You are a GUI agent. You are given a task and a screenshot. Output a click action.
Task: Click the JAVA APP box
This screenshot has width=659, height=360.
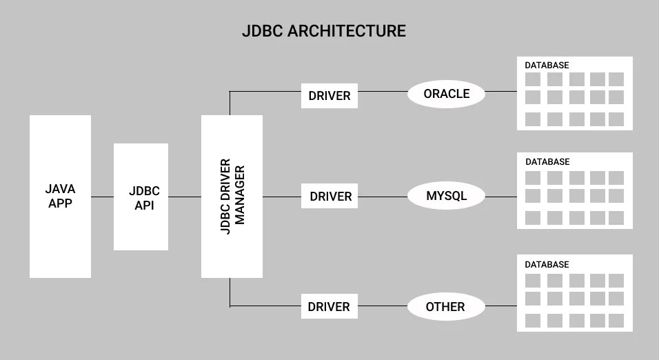pos(60,197)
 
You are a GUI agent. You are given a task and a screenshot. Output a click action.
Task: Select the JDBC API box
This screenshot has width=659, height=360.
pos(141,197)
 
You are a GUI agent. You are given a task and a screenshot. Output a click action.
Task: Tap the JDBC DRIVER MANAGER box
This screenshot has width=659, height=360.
pos(232,197)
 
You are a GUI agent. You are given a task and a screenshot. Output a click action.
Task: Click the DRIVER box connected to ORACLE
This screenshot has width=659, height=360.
pos(329,95)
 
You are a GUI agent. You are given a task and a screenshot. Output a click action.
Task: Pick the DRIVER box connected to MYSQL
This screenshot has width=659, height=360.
pos(330,197)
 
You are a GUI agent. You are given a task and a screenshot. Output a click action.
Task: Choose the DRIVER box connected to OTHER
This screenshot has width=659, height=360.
pos(329,306)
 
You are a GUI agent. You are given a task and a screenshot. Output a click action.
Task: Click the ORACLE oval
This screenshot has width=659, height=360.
pos(446,94)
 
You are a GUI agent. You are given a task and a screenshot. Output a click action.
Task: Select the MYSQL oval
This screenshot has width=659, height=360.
pos(446,196)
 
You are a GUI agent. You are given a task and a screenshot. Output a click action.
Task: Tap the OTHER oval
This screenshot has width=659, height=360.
pos(445,306)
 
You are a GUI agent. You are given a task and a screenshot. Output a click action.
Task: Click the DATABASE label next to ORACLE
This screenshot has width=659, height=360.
pos(547,66)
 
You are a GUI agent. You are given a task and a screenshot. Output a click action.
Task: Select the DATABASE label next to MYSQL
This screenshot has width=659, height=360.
pos(547,162)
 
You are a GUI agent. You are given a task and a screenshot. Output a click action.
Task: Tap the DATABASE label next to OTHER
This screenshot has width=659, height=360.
pos(547,265)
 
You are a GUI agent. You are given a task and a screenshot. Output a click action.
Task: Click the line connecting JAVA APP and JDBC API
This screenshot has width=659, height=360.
pos(102,197)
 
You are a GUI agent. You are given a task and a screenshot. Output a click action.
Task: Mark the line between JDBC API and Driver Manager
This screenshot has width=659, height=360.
pos(185,197)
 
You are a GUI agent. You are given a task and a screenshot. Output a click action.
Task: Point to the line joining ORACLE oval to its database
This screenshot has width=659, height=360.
pos(501,91)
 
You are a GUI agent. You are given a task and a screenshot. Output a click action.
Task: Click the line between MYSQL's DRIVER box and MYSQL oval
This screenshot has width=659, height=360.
pos(383,197)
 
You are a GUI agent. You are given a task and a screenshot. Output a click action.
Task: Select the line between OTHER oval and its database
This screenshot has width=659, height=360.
pos(501,306)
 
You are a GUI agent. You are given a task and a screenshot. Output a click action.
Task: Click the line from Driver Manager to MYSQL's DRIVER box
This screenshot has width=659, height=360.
pos(282,197)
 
